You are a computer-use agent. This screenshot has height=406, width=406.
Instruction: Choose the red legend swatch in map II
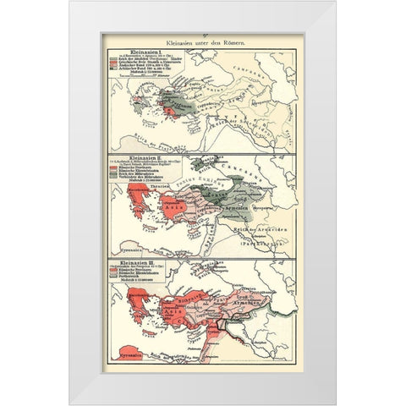pos(111,169)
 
